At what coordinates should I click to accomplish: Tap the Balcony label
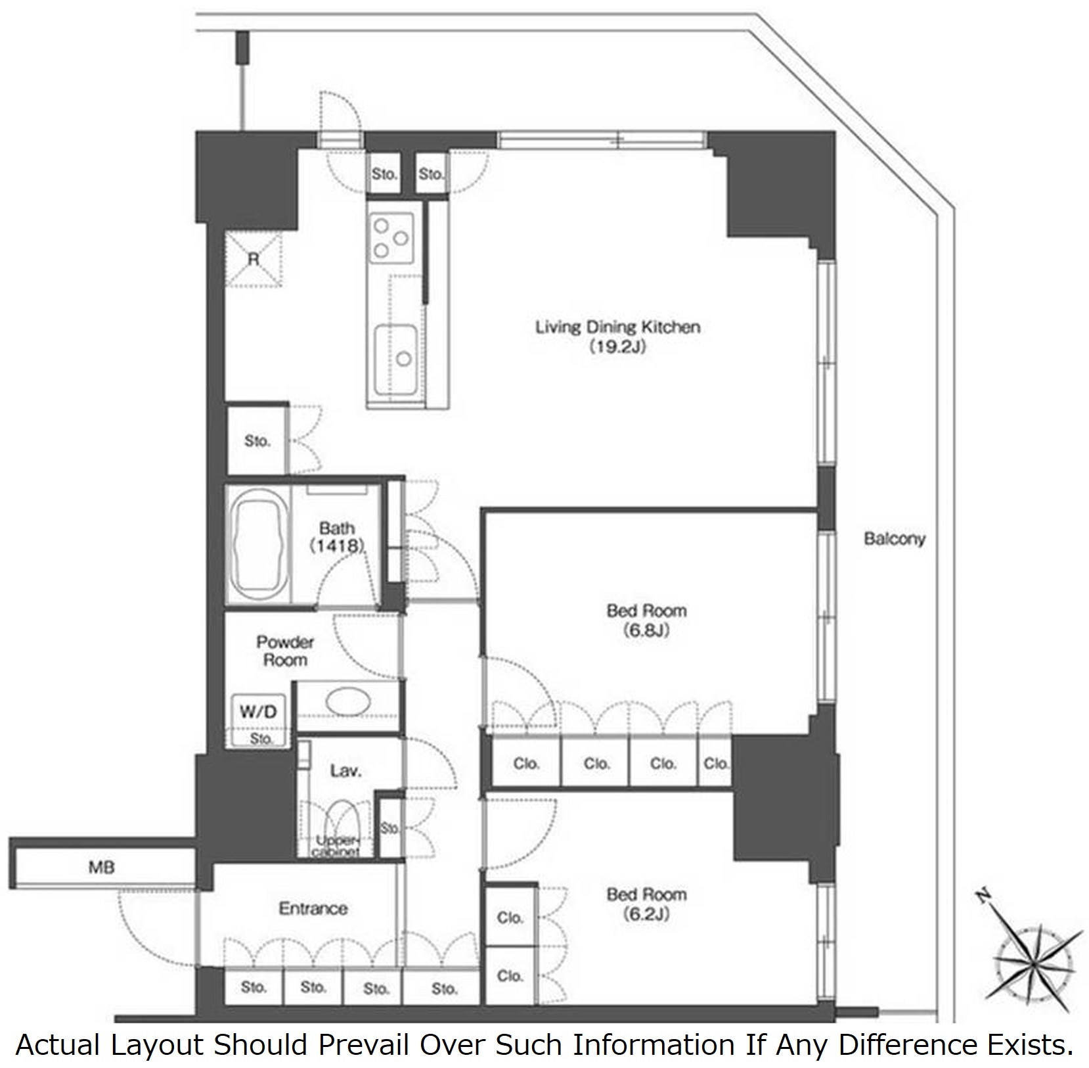point(895,539)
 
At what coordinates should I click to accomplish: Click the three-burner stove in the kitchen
point(391,238)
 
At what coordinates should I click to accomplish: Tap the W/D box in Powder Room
point(258,711)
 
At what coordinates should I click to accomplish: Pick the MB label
point(101,868)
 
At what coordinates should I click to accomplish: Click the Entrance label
point(313,908)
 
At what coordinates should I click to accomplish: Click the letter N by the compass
point(983,896)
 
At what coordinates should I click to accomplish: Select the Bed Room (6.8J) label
point(647,620)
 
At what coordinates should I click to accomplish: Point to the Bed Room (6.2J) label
point(647,904)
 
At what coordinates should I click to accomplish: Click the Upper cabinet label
point(336,847)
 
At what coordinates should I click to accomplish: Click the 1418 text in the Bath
point(337,546)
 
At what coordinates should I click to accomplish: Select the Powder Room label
point(285,651)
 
